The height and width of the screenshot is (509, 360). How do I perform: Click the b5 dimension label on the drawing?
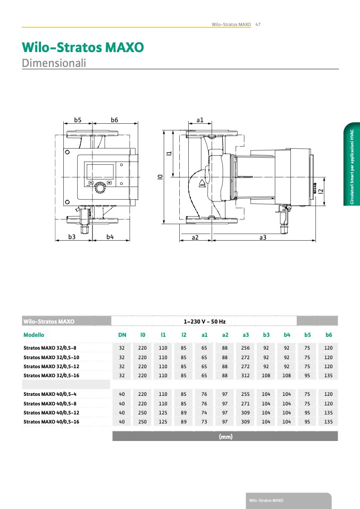77,120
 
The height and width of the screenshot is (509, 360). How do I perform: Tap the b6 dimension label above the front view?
114,120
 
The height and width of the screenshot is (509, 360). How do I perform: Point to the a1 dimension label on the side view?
200,120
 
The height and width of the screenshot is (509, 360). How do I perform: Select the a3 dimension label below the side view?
263,237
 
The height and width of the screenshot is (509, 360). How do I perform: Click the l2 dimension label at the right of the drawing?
321,192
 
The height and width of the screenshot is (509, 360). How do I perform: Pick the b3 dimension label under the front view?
72,236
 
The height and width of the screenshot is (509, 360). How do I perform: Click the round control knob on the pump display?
100,188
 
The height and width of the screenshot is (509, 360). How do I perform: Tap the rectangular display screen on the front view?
100,172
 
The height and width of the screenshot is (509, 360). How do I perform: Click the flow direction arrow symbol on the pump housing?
202,183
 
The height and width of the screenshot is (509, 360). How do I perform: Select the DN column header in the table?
122,335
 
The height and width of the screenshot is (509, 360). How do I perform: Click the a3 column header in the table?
245,335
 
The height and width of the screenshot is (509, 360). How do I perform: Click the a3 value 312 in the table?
245,375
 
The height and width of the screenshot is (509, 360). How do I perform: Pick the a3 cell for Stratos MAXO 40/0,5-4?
245,394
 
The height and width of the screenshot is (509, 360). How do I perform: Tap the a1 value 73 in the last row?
204,422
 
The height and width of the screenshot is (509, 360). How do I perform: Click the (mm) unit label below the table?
225,437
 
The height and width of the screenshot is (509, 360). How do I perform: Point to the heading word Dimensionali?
54,63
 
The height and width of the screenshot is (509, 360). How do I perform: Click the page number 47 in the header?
258,24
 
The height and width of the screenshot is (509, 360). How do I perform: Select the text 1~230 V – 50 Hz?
204,321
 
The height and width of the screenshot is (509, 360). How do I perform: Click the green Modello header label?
34,335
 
